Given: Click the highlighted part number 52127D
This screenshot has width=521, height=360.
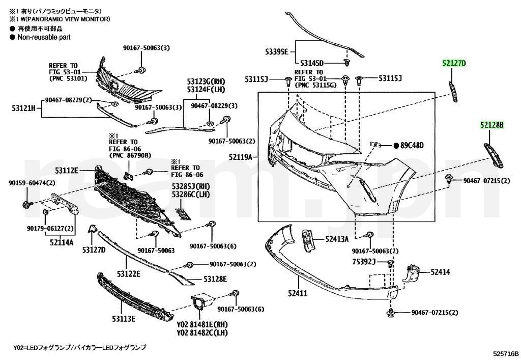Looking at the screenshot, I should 453,63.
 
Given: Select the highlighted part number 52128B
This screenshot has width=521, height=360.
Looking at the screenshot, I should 490,125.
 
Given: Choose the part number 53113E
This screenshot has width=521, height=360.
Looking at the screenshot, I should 124,319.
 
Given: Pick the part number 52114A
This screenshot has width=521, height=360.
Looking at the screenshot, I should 62,243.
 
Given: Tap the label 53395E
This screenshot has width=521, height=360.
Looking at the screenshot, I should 276,51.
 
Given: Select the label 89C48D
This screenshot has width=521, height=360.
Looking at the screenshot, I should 412,146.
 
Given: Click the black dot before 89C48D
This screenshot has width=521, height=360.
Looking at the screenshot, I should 396,146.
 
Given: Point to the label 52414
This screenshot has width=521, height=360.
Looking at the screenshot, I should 440,272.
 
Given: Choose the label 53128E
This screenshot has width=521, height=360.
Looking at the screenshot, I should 215,279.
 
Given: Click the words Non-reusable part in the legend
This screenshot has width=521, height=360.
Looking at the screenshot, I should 44,37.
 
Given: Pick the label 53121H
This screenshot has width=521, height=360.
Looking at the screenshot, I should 23,107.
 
